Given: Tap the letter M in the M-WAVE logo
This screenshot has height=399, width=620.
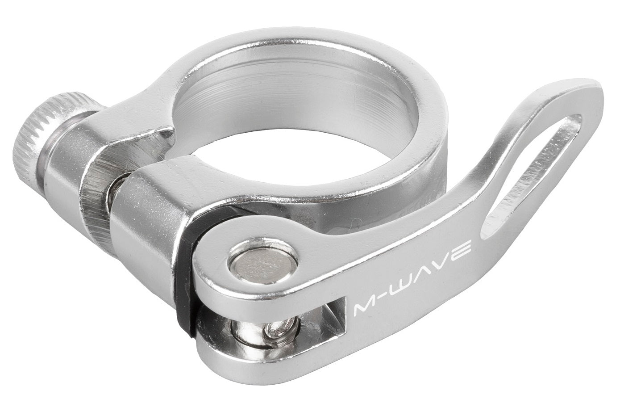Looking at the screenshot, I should point(364,308).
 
